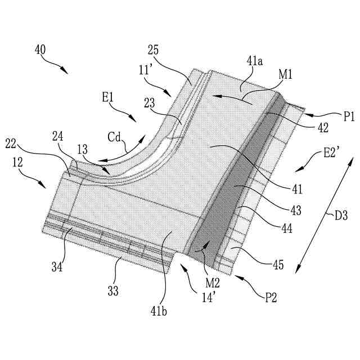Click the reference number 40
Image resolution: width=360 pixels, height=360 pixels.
tap(40, 49)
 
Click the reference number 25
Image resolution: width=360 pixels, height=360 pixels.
tap(153, 49)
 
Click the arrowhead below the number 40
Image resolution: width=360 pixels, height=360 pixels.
tap(66, 71)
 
